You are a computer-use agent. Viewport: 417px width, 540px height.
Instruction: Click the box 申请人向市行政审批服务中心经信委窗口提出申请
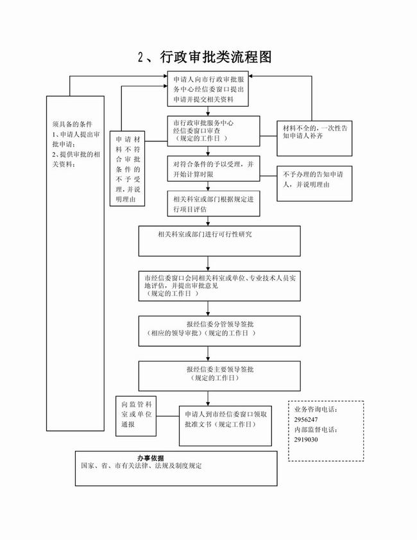coord(208,87)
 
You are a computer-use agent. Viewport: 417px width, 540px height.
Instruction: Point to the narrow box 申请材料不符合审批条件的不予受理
coord(126,170)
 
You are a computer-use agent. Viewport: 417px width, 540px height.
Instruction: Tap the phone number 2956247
coord(307,419)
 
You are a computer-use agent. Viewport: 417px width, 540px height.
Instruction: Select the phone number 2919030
coord(307,440)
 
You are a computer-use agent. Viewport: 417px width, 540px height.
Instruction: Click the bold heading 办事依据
coord(150,457)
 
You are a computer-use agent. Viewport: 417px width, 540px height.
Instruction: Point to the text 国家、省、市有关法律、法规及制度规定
coord(141,466)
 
